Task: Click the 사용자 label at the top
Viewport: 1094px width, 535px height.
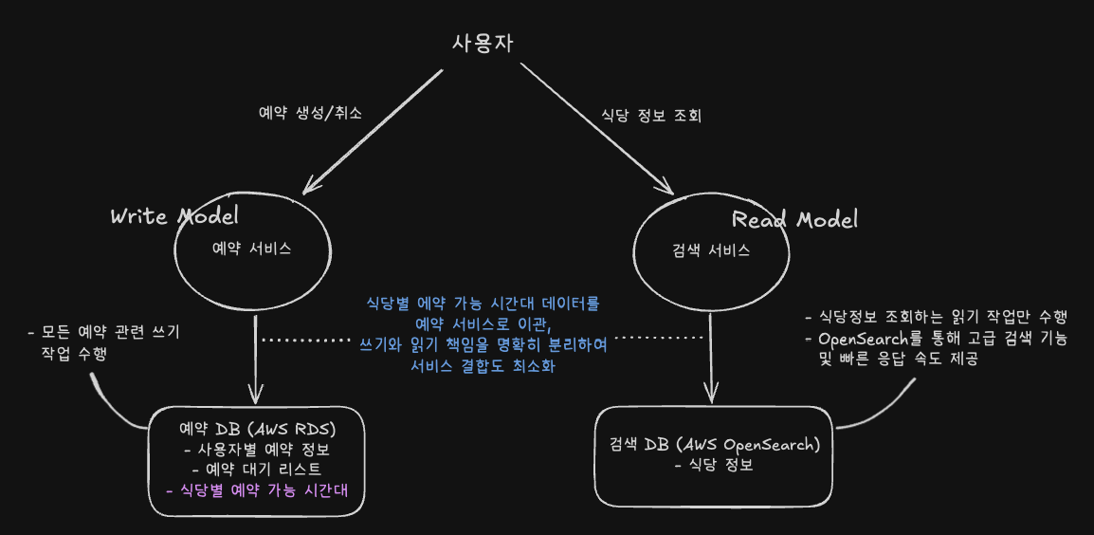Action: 483,44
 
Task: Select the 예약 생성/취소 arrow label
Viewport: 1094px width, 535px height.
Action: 311,112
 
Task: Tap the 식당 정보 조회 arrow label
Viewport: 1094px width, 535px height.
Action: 650,116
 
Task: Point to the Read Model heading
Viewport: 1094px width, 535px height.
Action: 794,220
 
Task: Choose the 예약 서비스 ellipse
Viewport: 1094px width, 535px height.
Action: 252,249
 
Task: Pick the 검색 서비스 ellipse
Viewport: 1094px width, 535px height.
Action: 710,251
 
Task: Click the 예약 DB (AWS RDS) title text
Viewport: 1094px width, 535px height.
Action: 258,428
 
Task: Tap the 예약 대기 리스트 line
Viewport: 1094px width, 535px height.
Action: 257,470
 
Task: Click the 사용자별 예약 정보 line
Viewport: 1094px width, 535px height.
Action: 258,449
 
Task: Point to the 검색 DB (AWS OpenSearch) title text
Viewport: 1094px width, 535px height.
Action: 714,444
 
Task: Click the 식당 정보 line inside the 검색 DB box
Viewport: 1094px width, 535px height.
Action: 714,465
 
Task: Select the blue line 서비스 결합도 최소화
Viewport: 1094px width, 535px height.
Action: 483,365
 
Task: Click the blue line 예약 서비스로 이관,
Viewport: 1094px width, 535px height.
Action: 483,323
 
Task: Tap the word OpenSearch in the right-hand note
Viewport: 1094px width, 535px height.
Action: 857,339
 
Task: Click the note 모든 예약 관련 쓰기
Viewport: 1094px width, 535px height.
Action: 103,332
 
